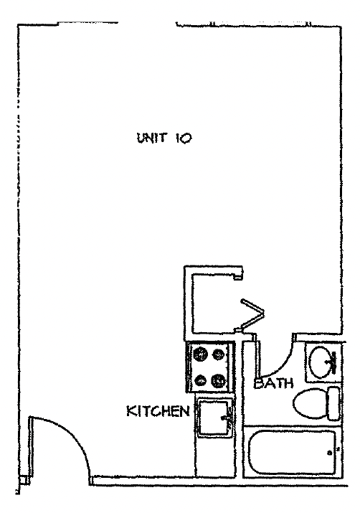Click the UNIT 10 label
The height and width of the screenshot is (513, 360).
click(164, 138)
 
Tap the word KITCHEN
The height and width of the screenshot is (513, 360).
click(158, 411)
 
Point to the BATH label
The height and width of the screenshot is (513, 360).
click(273, 383)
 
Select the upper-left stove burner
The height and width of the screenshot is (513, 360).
click(200, 354)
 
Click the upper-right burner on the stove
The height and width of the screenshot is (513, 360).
click(219, 354)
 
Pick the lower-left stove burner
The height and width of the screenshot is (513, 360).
click(200, 380)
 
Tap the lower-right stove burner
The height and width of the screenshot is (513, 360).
click(218, 380)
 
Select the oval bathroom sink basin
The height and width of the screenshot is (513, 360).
click(321, 362)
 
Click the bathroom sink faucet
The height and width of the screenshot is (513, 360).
click(331, 362)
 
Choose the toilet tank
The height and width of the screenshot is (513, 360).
click(334, 403)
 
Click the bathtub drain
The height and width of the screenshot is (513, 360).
click(330, 453)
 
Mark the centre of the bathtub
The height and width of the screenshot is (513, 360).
click(292, 452)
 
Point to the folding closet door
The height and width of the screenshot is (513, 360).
click(251, 315)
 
